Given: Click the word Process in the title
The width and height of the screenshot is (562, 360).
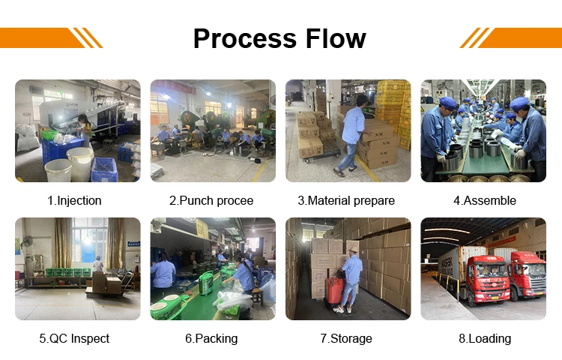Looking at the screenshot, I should click(x=239, y=38).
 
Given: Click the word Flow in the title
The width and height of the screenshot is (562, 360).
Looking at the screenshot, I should click(x=332, y=38).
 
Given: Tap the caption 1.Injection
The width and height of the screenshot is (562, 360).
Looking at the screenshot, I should click(x=74, y=200).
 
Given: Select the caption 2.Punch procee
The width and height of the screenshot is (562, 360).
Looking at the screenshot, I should click(x=211, y=200).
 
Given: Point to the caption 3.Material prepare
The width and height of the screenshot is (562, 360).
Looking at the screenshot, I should click(x=346, y=200).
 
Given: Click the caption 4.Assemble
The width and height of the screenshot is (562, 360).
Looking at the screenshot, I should click(x=484, y=200).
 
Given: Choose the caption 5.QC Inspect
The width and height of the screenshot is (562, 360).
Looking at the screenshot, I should click(x=74, y=338).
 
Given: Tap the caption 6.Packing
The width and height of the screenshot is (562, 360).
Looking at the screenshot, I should click(x=211, y=338).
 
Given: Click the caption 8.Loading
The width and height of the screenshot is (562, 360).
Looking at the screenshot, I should click(x=485, y=338).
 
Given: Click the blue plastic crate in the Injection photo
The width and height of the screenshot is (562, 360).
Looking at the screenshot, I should click(x=103, y=169).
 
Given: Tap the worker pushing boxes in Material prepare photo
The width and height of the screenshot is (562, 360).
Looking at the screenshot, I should click(x=351, y=135).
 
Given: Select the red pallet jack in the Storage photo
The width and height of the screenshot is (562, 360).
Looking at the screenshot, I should click(x=333, y=289).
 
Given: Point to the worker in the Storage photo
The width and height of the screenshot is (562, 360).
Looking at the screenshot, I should click(x=351, y=277).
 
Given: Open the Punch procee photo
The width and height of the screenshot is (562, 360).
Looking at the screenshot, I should click(x=212, y=130).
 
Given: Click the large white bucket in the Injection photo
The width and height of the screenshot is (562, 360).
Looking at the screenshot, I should click(x=79, y=162).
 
